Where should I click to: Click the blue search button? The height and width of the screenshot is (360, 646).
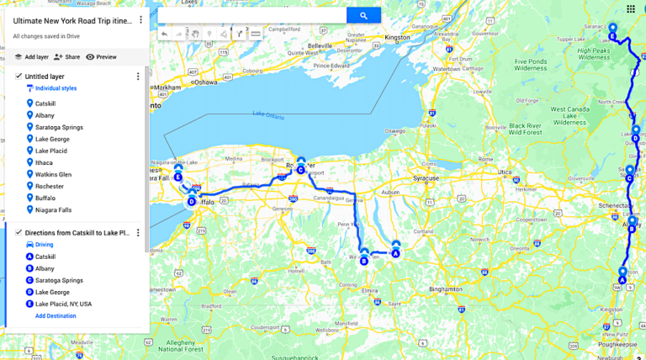pos(363,15)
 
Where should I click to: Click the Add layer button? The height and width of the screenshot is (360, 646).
pos(30,57)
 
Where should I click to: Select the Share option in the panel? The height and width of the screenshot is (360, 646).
pos(66,57)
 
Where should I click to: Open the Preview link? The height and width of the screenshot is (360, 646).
pos(101,57)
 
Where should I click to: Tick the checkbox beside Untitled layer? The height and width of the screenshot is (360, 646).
pos(19,76)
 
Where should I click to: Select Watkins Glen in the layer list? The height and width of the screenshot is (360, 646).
pos(53,174)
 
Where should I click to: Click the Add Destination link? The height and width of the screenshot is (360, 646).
pos(56,315)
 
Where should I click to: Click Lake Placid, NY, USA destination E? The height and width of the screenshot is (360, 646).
pos(63,304)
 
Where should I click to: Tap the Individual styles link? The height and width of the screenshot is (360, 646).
pos(56,87)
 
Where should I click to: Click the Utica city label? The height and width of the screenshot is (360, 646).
pos(503,171)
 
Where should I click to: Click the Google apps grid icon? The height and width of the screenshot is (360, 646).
pos(630,8)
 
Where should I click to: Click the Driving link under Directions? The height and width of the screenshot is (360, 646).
pos(44,245)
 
